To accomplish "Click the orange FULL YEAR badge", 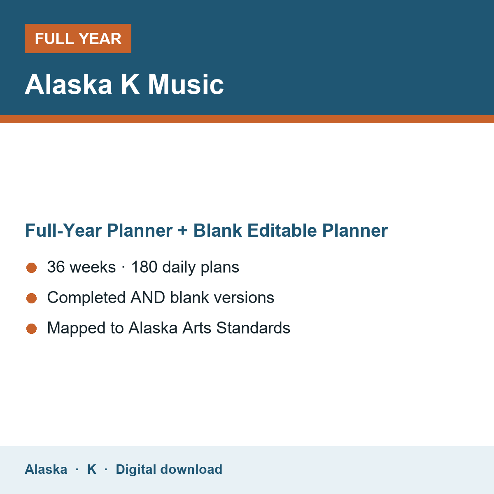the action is click(x=78, y=38).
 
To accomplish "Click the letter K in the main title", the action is click(x=130, y=84).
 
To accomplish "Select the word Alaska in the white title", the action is click(x=68, y=84).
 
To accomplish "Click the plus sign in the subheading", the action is click(x=183, y=231).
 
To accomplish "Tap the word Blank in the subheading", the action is click(x=217, y=230).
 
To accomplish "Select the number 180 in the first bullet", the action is click(x=144, y=267).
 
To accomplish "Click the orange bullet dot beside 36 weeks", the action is click(x=32, y=268).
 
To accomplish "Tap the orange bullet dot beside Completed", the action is click(x=32, y=298).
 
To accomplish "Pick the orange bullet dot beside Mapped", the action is click(x=32, y=329).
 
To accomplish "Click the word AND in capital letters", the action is click(x=148, y=297).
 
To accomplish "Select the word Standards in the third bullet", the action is click(x=253, y=328).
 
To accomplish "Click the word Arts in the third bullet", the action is click(x=197, y=328).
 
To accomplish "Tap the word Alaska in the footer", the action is click(x=46, y=469).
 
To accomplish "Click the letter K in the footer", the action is click(x=92, y=469).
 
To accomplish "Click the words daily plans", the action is click(x=201, y=268).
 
